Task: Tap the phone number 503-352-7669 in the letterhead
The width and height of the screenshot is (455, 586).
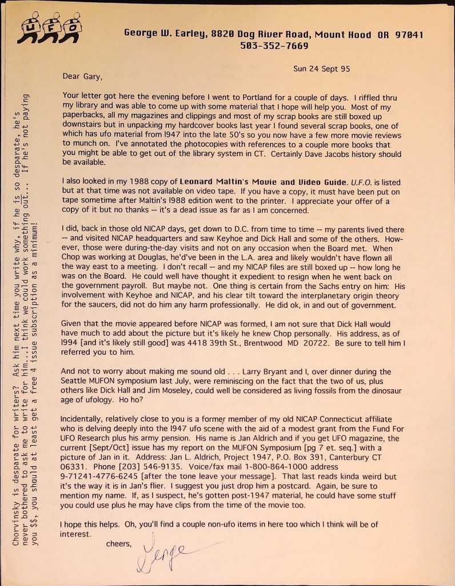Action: (274, 46)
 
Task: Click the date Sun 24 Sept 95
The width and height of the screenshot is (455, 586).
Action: (322, 69)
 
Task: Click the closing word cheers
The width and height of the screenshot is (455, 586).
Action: (119, 543)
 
